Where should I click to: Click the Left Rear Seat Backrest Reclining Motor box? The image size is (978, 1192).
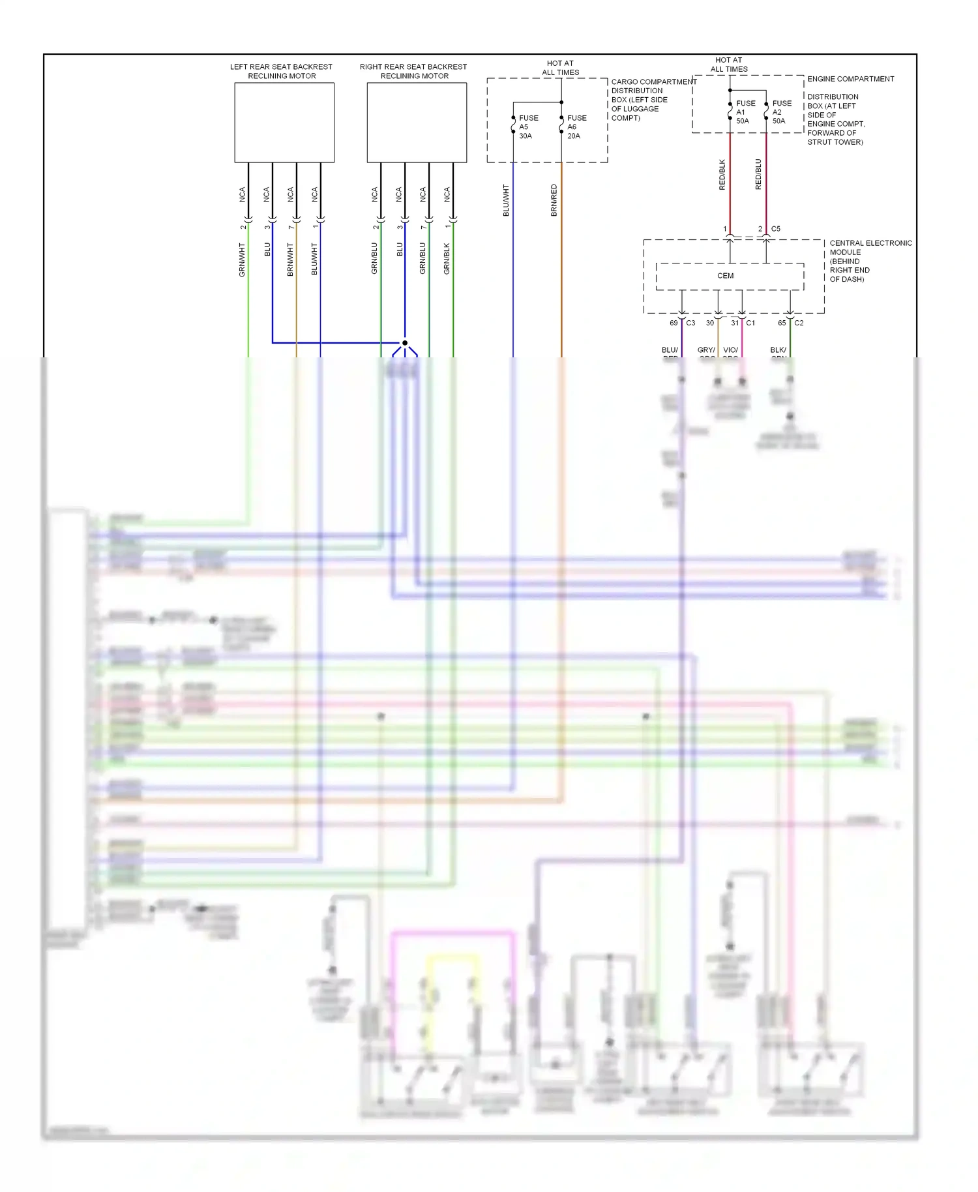pos(284,123)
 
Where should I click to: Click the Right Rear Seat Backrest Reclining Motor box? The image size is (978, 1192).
pos(417,123)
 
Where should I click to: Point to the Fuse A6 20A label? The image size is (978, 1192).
pos(576,127)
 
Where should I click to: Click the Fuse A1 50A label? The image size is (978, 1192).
pos(745,112)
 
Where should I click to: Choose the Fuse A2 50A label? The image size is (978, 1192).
pos(781,112)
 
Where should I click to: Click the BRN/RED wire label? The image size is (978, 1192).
pos(554,200)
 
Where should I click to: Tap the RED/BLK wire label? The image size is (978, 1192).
pos(722,174)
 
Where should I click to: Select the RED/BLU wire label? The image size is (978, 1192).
pos(758,174)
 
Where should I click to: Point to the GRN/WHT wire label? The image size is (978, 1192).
pos(242,260)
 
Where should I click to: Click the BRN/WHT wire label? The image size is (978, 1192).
pos(290,260)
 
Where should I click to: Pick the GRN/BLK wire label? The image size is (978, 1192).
pos(447,258)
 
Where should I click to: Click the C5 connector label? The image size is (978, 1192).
pos(776,229)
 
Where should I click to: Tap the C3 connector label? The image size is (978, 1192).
pos(690,323)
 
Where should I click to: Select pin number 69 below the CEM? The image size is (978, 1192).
pos(674,323)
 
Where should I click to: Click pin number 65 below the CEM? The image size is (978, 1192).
pos(782,323)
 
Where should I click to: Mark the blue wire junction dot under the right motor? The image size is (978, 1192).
pos(405,343)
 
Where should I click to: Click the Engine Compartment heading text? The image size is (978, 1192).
pos(850,79)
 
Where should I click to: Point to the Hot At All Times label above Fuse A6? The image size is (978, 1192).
pos(561,68)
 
